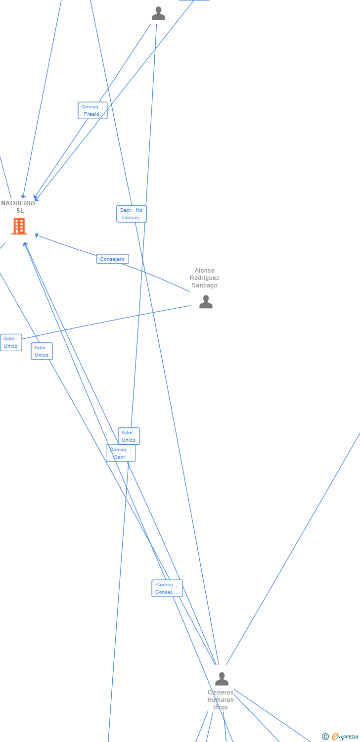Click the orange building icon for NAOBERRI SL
tap(19, 226)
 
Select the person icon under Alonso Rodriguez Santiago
tap(206, 301)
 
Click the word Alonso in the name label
tap(205, 271)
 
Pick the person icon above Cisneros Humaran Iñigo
tap(222, 679)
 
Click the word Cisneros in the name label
tap(221, 693)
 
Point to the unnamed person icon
tap(158, 13)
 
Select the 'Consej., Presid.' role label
tap(92, 110)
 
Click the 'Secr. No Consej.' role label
tap(132, 214)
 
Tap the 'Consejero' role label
tap(113, 259)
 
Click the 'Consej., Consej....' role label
tap(167, 588)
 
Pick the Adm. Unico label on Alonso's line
tap(11, 342)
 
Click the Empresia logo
tap(345, 737)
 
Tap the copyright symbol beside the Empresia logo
tap(325, 737)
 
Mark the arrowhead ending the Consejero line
tap(36, 235)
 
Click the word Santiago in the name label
tap(205, 285)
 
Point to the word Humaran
tap(221, 700)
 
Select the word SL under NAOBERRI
tap(20, 211)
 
